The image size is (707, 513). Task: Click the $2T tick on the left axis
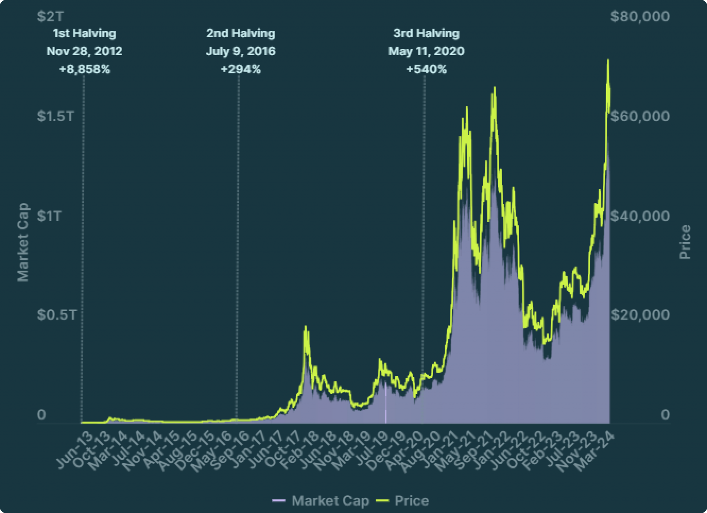pyautogui.click(x=50, y=16)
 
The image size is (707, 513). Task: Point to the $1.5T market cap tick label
pyautogui.click(x=56, y=116)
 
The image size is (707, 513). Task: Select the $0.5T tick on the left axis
pyautogui.click(x=57, y=315)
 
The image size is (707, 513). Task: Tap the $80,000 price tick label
pyautogui.click(x=640, y=16)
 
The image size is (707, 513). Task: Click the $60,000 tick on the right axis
pyautogui.click(x=640, y=116)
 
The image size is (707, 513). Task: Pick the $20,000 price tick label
pyautogui.click(x=640, y=315)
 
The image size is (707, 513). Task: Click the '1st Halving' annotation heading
pyautogui.click(x=85, y=33)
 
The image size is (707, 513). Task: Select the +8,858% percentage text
pyautogui.click(x=85, y=69)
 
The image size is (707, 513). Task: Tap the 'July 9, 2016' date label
pyautogui.click(x=241, y=51)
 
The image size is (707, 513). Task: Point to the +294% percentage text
pyautogui.click(x=241, y=69)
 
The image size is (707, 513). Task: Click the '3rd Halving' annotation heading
pyautogui.click(x=426, y=33)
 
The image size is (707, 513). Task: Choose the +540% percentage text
pyautogui.click(x=426, y=69)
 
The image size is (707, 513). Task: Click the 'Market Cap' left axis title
pyautogui.click(x=23, y=242)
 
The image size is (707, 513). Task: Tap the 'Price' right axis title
pyautogui.click(x=685, y=242)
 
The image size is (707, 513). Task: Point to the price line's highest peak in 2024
pyautogui.click(x=608, y=60)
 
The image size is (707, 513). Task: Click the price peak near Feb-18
pyautogui.click(x=306, y=326)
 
